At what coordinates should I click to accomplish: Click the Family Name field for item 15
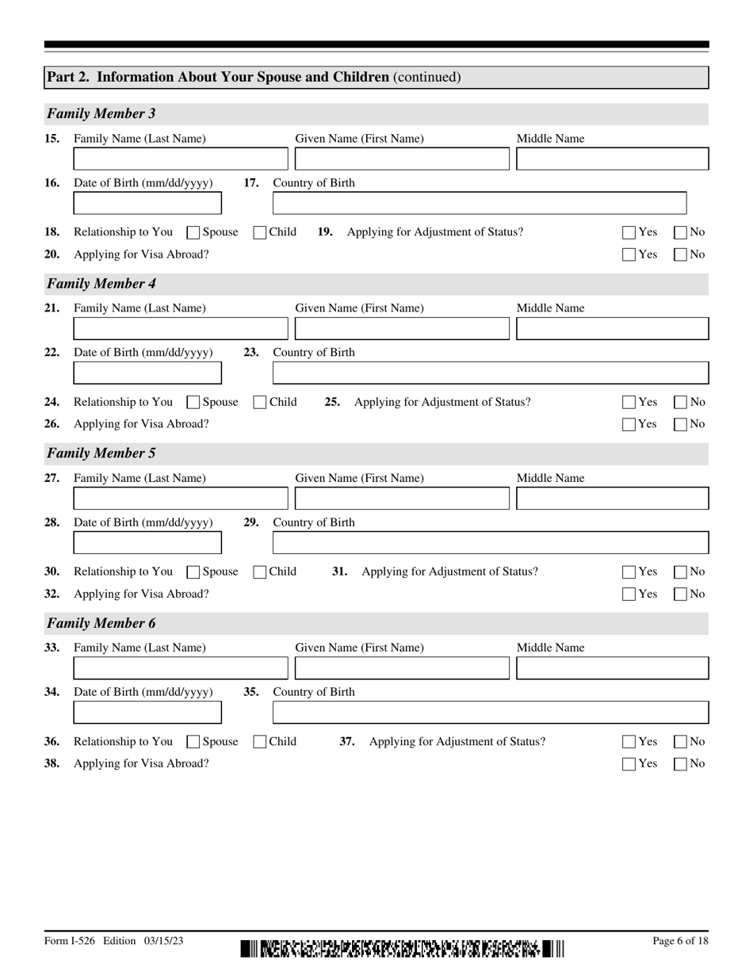coord(181,159)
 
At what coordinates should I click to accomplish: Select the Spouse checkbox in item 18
coord(193,233)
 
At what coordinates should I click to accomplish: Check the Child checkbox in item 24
coord(259,403)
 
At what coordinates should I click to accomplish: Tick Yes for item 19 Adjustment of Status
coord(629,233)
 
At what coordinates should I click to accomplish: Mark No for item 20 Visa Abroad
coord(681,255)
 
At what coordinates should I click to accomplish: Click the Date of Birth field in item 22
coord(147,373)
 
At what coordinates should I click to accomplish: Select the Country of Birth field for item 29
coord(490,543)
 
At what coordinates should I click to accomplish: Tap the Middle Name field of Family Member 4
coord(612,329)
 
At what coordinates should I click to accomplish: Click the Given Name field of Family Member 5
coord(402,499)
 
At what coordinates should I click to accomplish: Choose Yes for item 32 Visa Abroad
coord(629,595)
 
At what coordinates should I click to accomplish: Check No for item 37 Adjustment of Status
coord(681,743)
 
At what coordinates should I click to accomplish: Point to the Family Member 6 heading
coord(101,623)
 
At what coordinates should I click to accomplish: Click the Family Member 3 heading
coord(101,114)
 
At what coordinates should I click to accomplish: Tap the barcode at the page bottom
coord(403,948)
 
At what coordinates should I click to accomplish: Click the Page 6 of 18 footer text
coord(679,941)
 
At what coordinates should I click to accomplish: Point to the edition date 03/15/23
coord(164,941)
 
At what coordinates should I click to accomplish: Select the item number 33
coord(52,648)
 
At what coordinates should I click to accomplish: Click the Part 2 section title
coord(254,77)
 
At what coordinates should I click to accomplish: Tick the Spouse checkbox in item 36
coord(193,743)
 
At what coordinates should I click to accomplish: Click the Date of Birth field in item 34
coord(147,713)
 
